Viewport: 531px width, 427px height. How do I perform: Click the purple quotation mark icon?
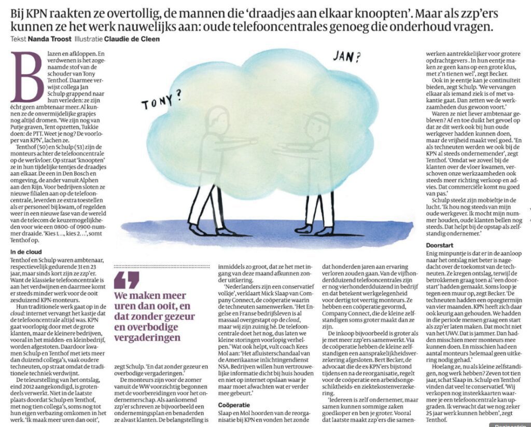click(x=124, y=280)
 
